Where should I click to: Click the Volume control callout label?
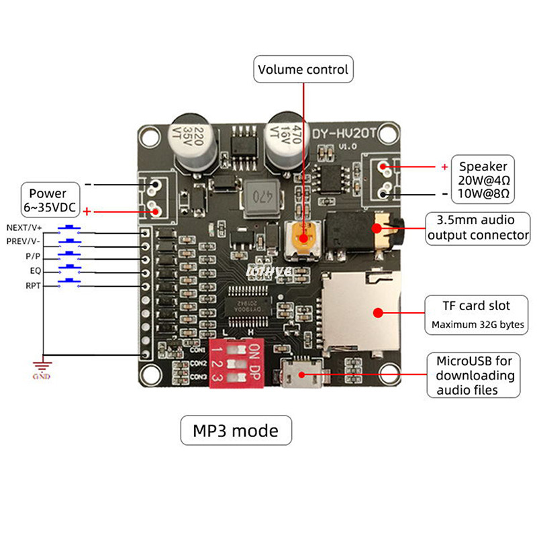303,69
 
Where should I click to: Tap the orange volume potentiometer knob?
304,236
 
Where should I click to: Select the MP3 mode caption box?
236,430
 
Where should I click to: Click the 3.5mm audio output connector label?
479,228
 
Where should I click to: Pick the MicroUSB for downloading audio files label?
474,375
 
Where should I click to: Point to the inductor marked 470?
262,198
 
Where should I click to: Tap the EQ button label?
35,271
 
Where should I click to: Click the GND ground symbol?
42,368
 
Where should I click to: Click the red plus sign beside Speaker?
444,166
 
